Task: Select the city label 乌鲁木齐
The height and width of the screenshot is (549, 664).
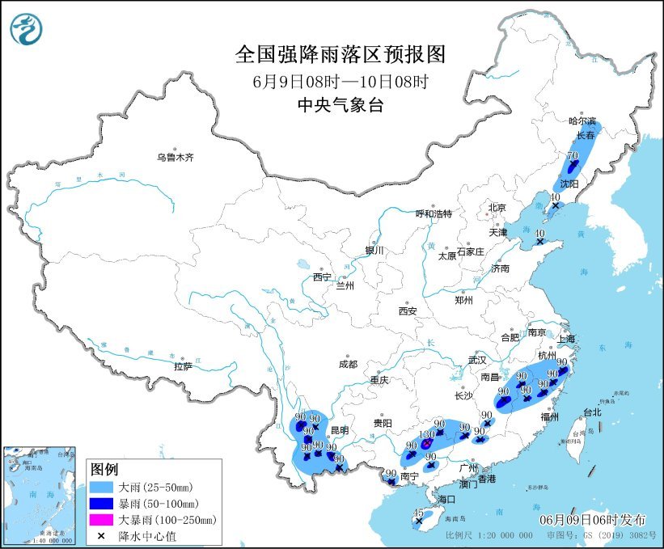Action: click(x=176, y=157)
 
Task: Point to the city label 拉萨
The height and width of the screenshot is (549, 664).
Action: click(x=183, y=366)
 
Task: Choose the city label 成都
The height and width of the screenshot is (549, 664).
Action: click(x=349, y=364)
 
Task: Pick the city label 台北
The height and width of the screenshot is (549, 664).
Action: click(x=592, y=412)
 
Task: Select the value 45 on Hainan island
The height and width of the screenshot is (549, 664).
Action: click(x=418, y=513)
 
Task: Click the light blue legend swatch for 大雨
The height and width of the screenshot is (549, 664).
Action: click(x=104, y=488)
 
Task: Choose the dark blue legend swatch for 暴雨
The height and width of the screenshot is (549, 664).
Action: click(x=104, y=504)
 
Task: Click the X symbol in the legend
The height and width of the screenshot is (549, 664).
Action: click(x=104, y=535)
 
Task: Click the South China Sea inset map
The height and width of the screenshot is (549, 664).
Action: click(x=41, y=492)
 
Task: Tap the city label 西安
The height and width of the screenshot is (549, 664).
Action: click(x=407, y=310)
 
